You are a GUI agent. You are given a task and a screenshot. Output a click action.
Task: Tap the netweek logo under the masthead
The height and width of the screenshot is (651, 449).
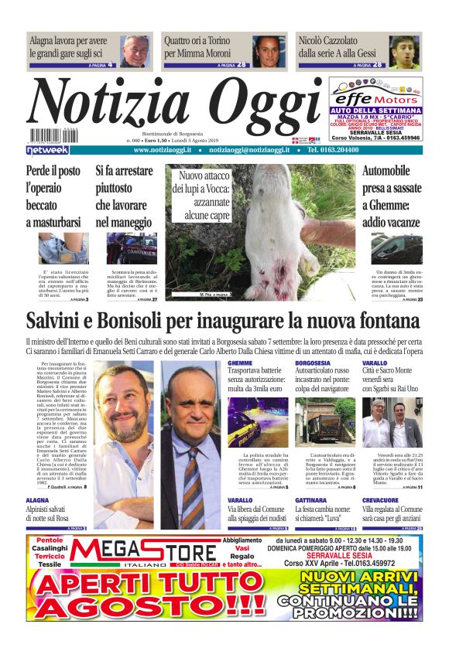(48, 149)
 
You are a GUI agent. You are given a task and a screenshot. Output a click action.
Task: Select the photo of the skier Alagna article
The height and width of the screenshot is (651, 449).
(135, 51)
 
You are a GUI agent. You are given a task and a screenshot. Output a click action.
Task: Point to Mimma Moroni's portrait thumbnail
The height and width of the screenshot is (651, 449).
(269, 51)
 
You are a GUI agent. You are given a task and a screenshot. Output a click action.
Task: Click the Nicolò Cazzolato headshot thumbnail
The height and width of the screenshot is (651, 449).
(403, 51)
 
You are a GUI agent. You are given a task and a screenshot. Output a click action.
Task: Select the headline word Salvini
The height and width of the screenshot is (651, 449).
(65, 321)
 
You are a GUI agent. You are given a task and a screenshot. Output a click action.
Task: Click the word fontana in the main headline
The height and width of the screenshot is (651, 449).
(379, 321)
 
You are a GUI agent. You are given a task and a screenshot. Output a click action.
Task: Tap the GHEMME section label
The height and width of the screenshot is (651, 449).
(240, 363)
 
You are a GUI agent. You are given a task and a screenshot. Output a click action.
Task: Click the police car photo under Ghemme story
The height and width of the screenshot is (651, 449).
(258, 422)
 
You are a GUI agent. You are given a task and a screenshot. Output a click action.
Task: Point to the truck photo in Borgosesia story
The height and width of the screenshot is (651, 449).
(325, 422)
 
